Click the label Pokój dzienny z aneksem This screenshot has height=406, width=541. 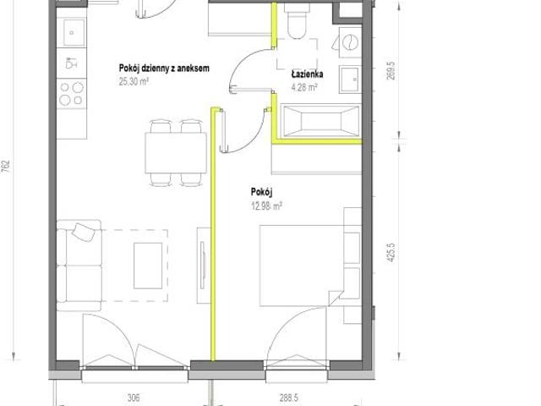coord(164,68)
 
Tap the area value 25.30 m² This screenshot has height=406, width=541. coord(134,81)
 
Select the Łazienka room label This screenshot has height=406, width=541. coord(307,74)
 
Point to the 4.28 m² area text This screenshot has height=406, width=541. coord(304,87)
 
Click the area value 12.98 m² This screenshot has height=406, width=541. coord(267,206)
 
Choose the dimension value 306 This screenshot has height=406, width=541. coord(134,398)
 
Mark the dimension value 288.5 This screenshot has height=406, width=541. coord(289,398)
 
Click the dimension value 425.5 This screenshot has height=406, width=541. coord(391,252)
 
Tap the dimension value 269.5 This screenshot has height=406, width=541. coord(391,71)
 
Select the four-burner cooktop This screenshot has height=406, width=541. coord(71,93)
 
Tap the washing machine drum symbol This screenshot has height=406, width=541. coord(351,43)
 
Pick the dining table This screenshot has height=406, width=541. coord(176,153)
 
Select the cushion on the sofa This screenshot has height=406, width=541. coord(83,233)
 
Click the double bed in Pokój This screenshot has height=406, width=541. coord(302,266)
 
